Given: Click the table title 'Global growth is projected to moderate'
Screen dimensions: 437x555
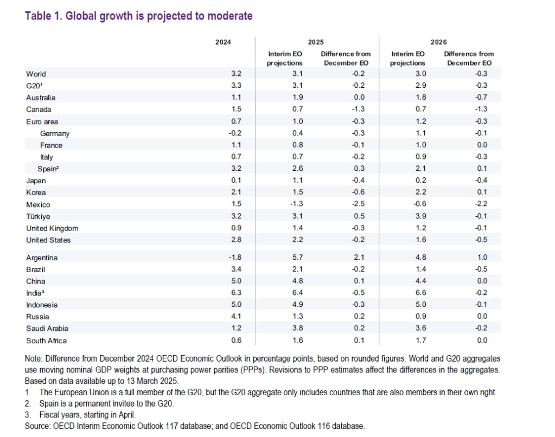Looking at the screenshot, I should tap(138, 16).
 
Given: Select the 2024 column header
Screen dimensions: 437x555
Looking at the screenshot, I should tap(223, 42).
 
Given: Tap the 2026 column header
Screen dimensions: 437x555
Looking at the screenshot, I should tap(438, 42).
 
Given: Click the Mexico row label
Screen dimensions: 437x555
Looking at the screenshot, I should tap(38, 204).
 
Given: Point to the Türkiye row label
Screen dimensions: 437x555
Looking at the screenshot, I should tap(38, 216).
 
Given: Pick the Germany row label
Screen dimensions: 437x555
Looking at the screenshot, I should tap(55, 133).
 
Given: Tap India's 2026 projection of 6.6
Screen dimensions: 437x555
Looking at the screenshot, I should tap(406, 293).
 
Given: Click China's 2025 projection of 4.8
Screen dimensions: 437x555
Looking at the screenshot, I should tap(284, 281).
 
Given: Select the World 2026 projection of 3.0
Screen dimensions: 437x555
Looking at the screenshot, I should tap(406, 74).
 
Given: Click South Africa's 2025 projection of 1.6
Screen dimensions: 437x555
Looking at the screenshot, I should tap(284, 340).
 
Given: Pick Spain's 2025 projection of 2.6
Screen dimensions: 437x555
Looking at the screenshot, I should tap(284, 169).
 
